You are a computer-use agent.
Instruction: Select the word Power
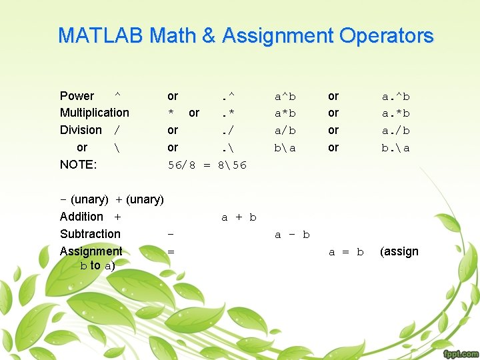pos(77,96)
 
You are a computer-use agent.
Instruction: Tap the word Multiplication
pos(95,113)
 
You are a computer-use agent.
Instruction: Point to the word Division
pos(81,130)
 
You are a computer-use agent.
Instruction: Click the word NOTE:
pos(78,164)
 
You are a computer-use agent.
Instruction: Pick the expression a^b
pos(285,97)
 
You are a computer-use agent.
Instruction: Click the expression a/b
pos(285,131)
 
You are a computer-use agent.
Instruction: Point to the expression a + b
pos(239,217)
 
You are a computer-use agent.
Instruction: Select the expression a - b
pos(293,235)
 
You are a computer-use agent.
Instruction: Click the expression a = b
pos(346,252)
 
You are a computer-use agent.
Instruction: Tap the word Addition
pos(81,217)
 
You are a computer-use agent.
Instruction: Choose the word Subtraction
pos(90,234)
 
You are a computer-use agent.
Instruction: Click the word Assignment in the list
pos(91,251)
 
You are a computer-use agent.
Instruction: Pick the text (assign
pos(399,251)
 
